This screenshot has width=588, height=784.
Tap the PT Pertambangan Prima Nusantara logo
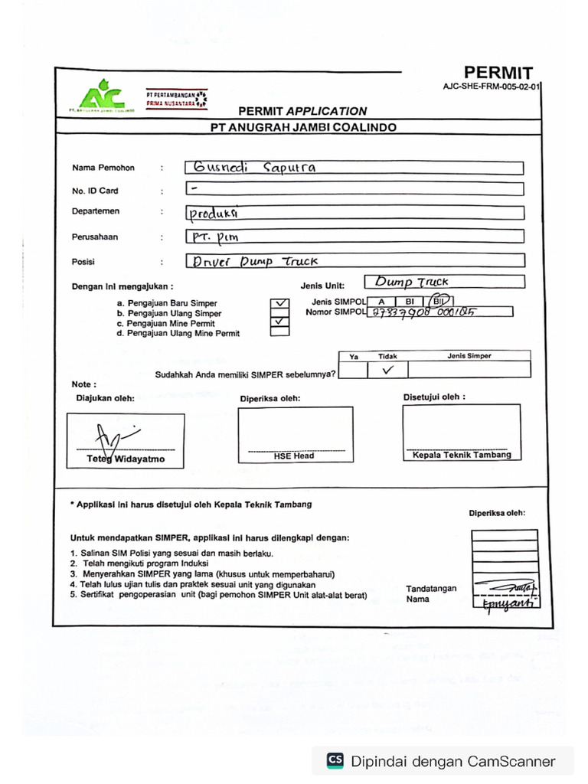[176, 97]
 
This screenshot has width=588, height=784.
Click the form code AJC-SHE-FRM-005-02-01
[491, 87]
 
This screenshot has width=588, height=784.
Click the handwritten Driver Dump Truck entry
[255, 261]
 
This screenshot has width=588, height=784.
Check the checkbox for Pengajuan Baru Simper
[281, 303]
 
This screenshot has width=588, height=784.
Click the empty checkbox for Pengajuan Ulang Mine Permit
[281, 332]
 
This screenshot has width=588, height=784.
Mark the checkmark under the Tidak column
[387, 370]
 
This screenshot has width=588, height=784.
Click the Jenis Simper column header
[469, 356]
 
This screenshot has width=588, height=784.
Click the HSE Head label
[294, 456]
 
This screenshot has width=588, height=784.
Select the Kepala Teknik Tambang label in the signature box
[462, 455]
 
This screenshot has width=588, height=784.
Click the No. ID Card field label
[95, 191]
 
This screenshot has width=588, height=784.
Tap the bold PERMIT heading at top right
[498, 73]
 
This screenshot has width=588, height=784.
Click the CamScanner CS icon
[335, 760]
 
